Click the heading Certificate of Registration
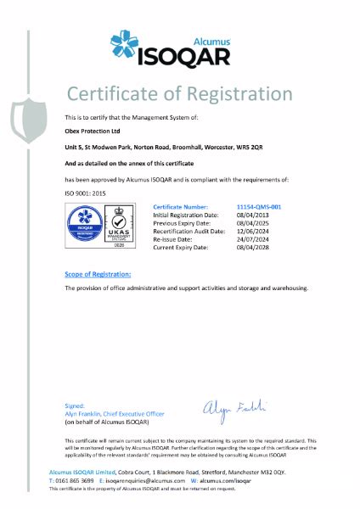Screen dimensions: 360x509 tap(179, 92)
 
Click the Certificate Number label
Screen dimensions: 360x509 tap(179, 206)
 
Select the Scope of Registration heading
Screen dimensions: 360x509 tap(98, 275)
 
